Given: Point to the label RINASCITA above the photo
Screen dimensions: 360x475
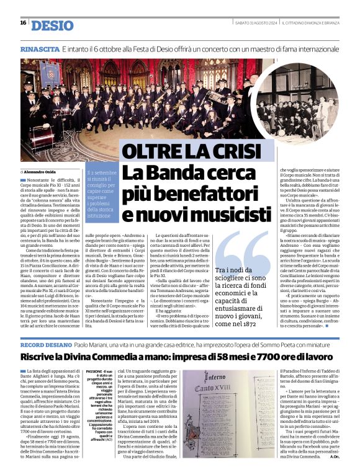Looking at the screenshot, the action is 40,48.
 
